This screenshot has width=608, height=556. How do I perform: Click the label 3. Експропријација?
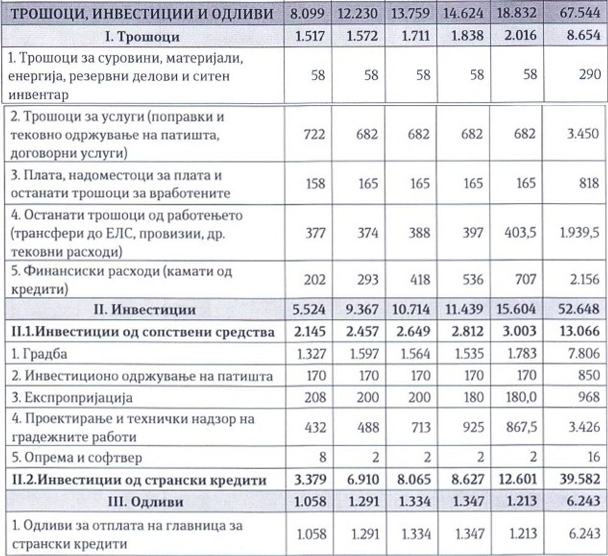[58, 397]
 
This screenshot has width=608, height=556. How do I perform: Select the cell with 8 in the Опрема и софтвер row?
[320, 458]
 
